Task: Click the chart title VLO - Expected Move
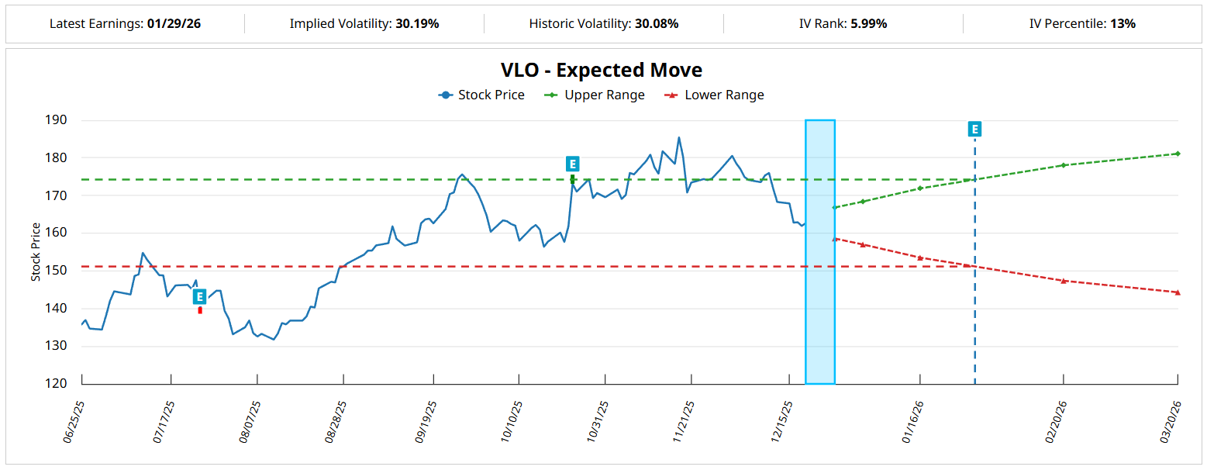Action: (x=602, y=70)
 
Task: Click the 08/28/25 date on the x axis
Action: (x=336, y=421)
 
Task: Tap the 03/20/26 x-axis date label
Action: (x=1171, y=421)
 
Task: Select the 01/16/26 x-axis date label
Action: (x=913, y=421)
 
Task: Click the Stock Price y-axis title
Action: (x=36, y=252)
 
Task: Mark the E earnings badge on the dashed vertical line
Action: (x=974, y=130)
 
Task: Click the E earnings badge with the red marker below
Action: (x=199, y=296)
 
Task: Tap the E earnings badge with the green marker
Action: (x=572, y=164)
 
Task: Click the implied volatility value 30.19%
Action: (x=417, y=23)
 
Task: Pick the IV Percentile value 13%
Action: (x=1123, y=23)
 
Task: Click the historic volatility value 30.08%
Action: (x=657, y=23)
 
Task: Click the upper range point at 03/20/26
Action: (x=1177, y=154)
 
